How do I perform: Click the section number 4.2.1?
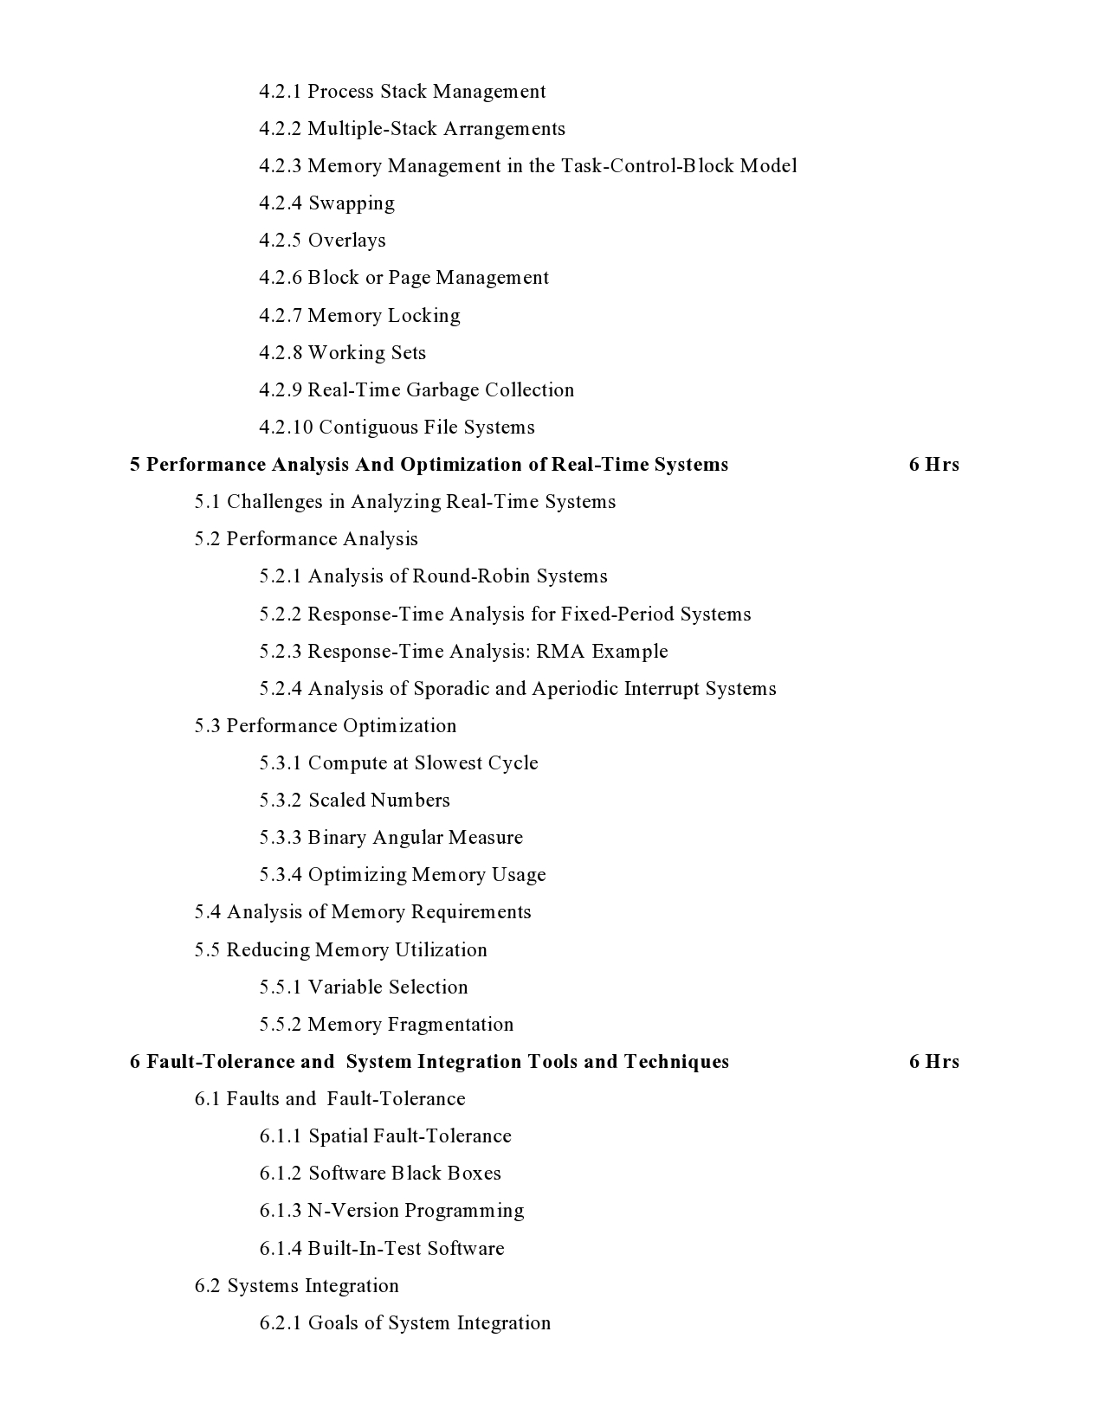[x=280, y=92]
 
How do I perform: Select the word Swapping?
[x=352, y=203]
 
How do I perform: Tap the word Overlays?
[x=346, y=241]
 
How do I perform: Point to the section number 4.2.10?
[x=285, y=428]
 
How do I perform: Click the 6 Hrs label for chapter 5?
[x=933, y=465]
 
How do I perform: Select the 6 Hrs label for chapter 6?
[x=933, y=1062]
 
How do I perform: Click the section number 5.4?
[x=207, y=912]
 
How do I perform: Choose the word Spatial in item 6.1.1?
[x=338, y=1136]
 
